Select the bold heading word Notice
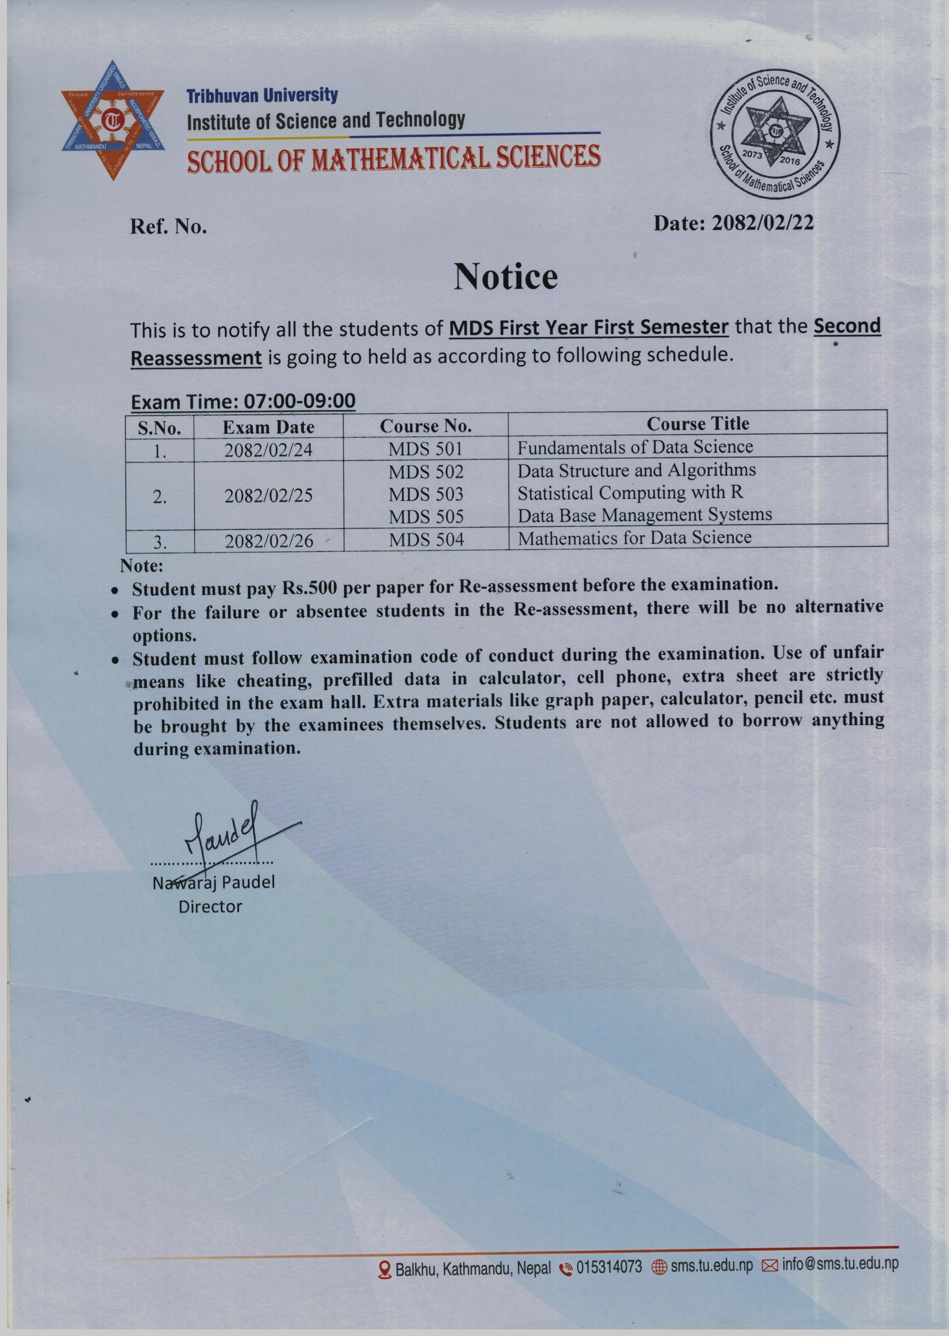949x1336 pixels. tap(505, 277)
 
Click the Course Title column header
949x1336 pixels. tap(697, 424)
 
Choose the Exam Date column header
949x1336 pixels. tap(268, 427)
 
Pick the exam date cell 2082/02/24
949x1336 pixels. tap(268, 450)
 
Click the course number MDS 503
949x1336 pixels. tap(426, 494)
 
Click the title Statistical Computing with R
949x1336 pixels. tap(631, 493)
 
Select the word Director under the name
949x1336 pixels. tap(210, 907)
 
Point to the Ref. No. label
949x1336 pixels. tap(168, 227)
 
